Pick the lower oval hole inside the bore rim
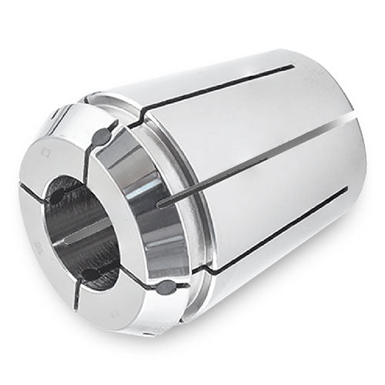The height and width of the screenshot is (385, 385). [91, 273]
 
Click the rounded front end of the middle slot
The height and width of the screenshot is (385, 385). [159, 204]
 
